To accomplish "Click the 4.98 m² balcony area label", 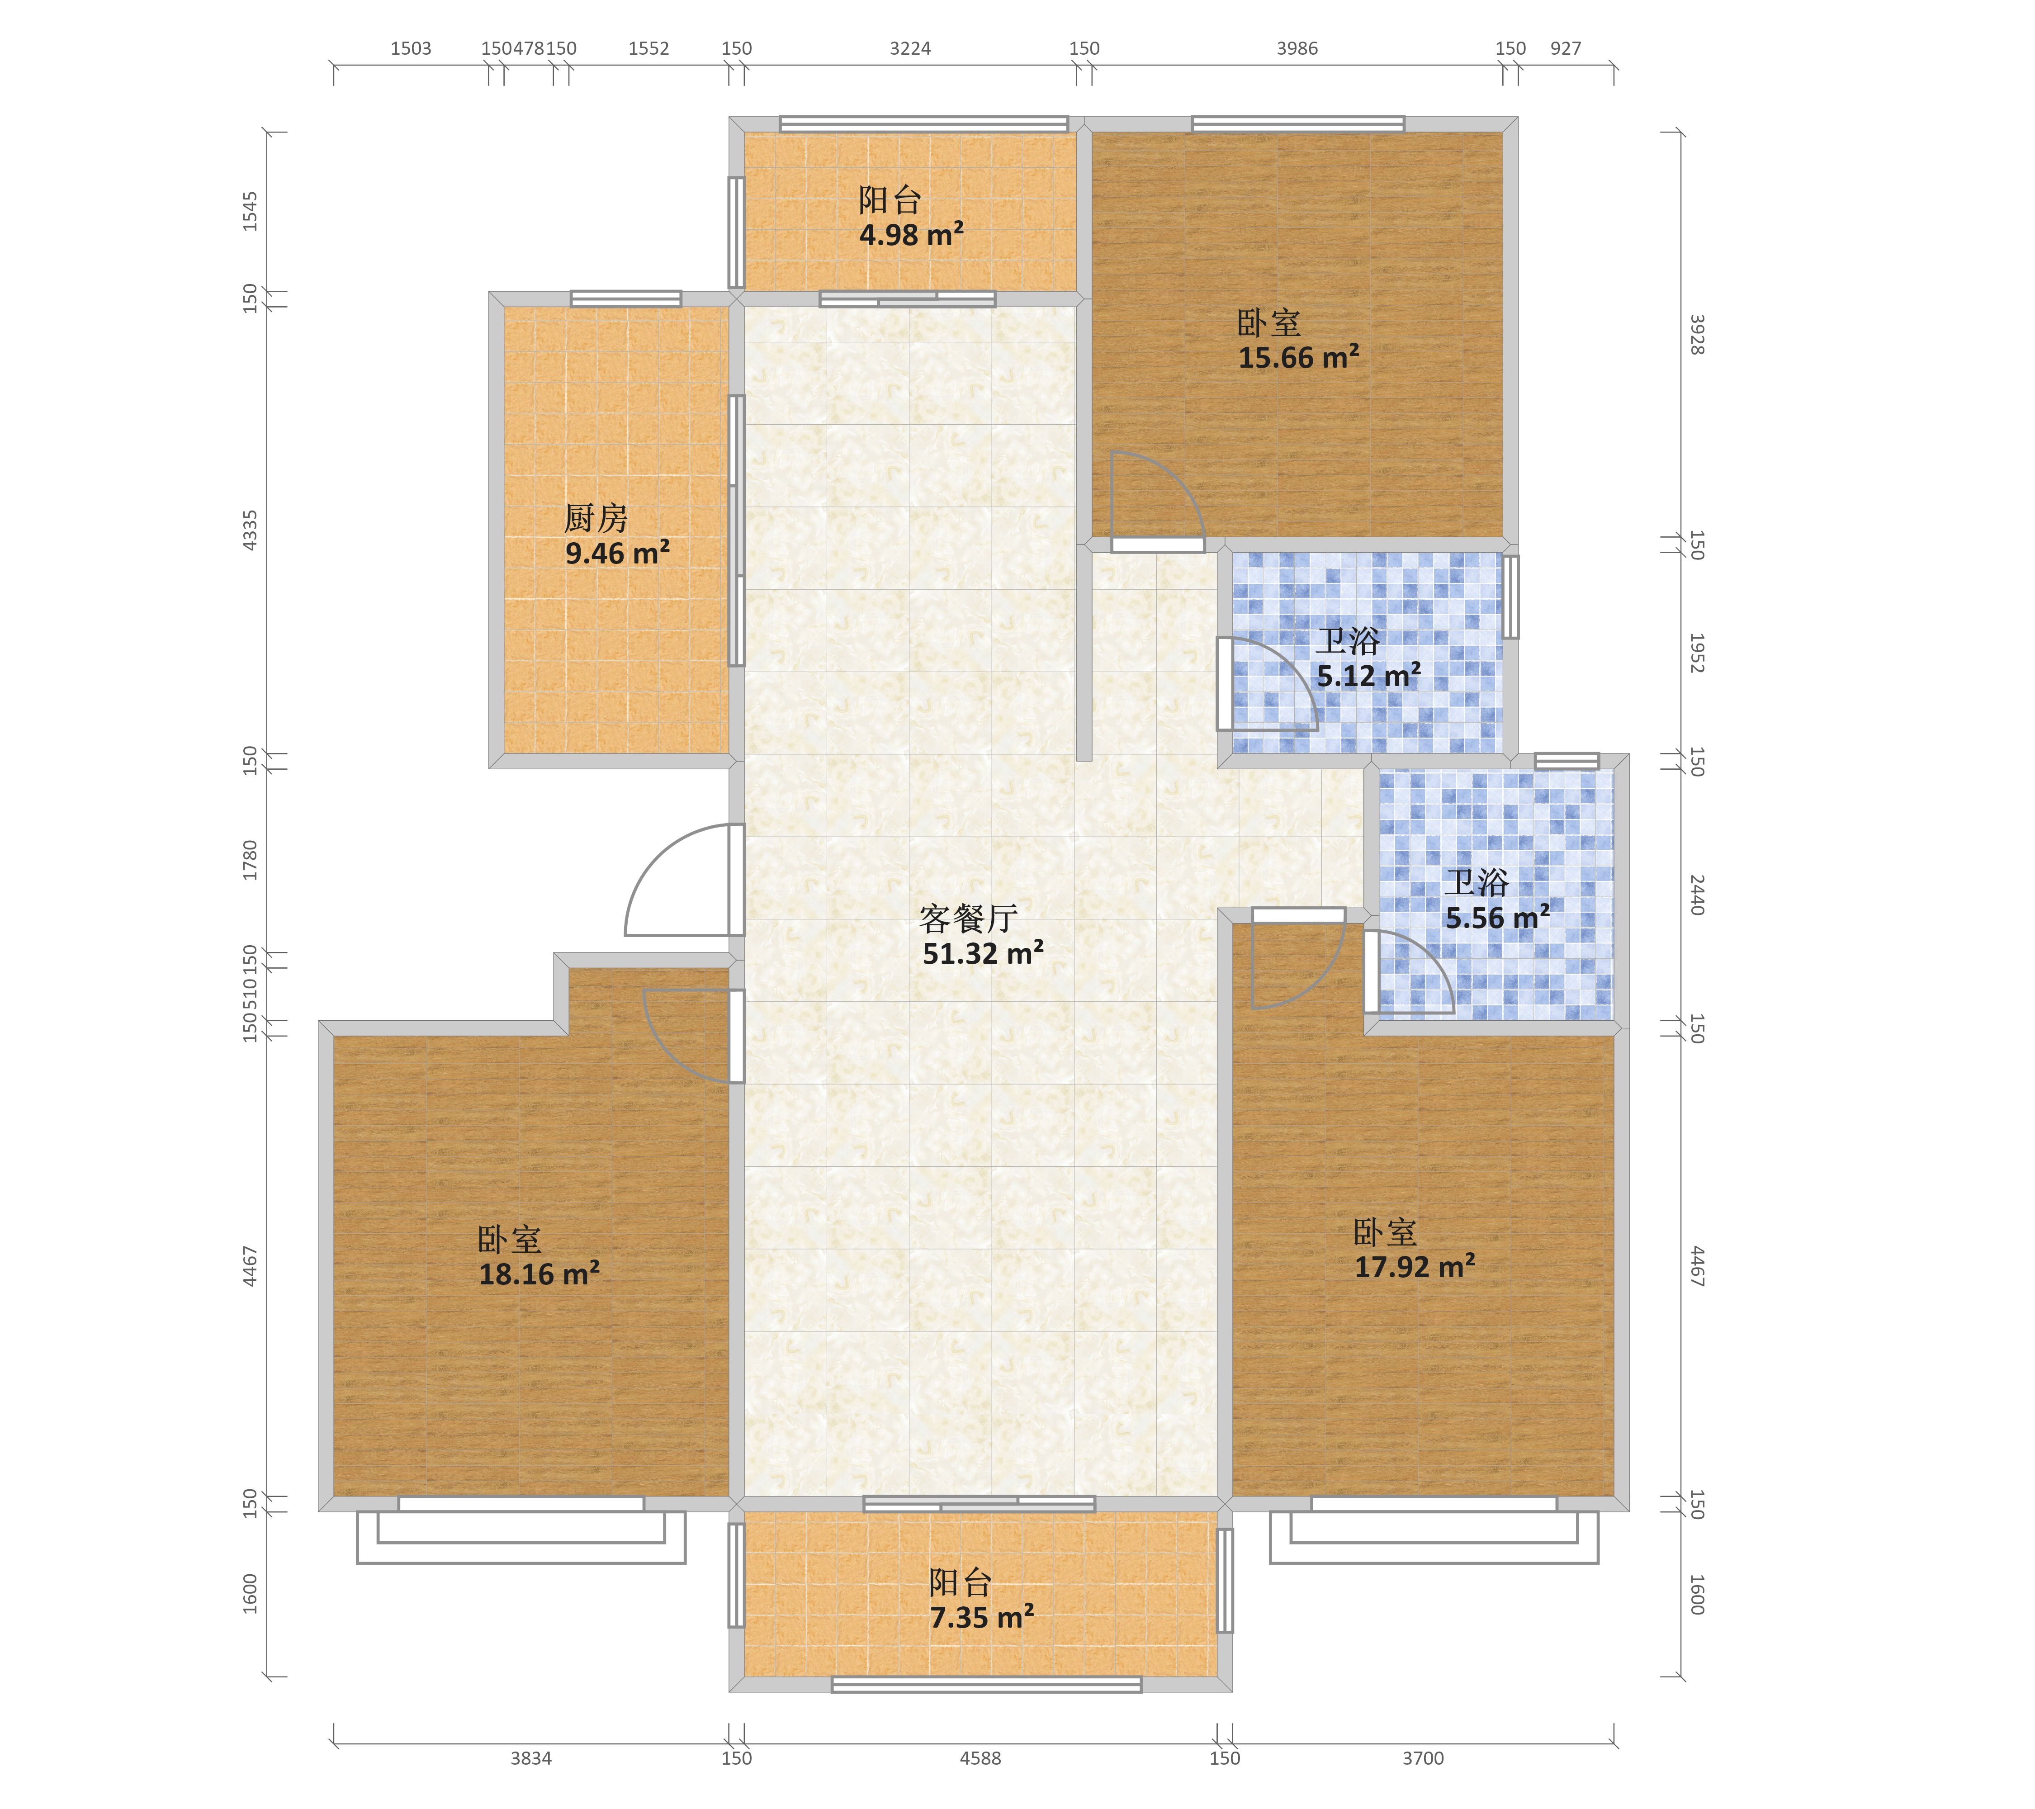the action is point(911,235).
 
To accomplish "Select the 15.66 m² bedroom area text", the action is point(1298,357).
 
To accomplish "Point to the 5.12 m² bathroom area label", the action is point(1369,676).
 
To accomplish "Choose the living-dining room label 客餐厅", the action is point(968,918).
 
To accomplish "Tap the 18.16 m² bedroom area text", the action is point(539,1274).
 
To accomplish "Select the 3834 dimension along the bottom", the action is point(530,1758).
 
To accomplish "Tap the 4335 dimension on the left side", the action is point(250,530).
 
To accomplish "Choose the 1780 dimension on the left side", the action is point(250,860).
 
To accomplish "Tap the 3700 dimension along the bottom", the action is point(1423,1758).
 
